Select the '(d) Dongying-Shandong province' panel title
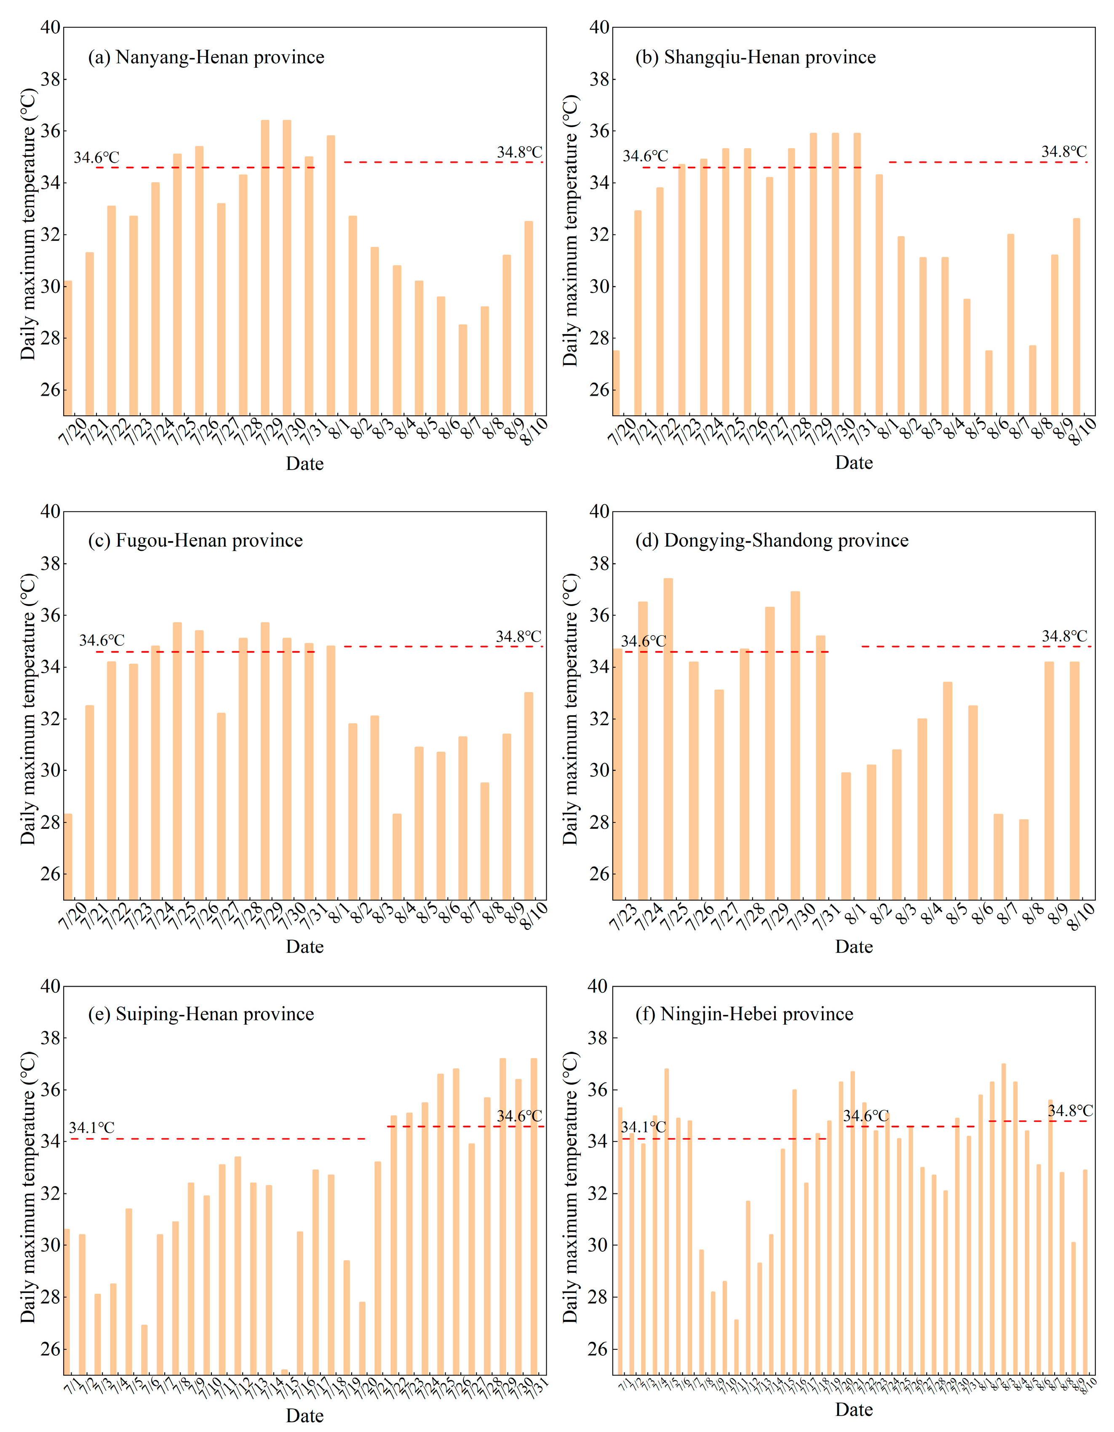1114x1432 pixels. [771, 540]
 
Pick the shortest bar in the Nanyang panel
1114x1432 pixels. [462, 369]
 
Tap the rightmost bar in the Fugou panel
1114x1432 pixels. [529, 795]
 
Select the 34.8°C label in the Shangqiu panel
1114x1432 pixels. [1063, 152]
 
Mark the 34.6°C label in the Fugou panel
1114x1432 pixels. [102, 640]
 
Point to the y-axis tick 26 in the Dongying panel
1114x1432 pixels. [598, 874]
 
